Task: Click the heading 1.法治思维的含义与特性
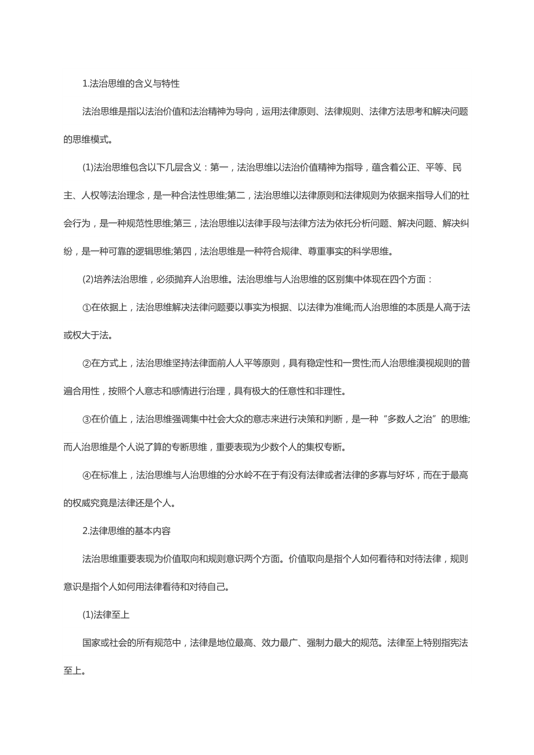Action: coord(131,84)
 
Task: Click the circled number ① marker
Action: coord(86,307)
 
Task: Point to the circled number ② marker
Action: coord(86,363)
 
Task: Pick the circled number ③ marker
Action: coord(86,419)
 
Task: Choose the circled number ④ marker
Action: coord(86,475)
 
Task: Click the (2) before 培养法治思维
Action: coord(88,279)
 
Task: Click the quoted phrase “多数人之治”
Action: coord(407,419)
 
